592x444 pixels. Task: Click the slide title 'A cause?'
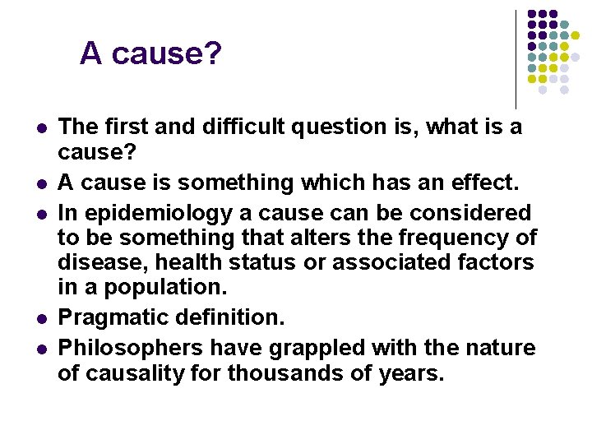tap(150, 54)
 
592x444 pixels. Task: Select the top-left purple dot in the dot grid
tap(531, 14)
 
